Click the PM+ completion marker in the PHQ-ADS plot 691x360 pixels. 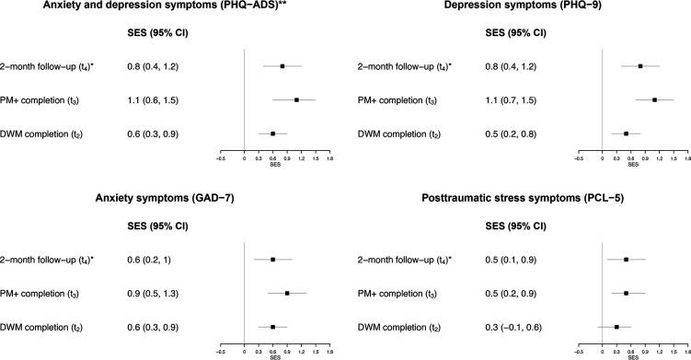tap(296, 99)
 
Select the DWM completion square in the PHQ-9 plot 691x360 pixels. tap(627, 134)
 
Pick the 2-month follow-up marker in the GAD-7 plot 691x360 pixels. tap(273, 260)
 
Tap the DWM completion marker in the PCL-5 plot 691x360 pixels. tap(616, 326)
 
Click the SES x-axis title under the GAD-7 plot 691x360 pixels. tap(274, 356)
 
